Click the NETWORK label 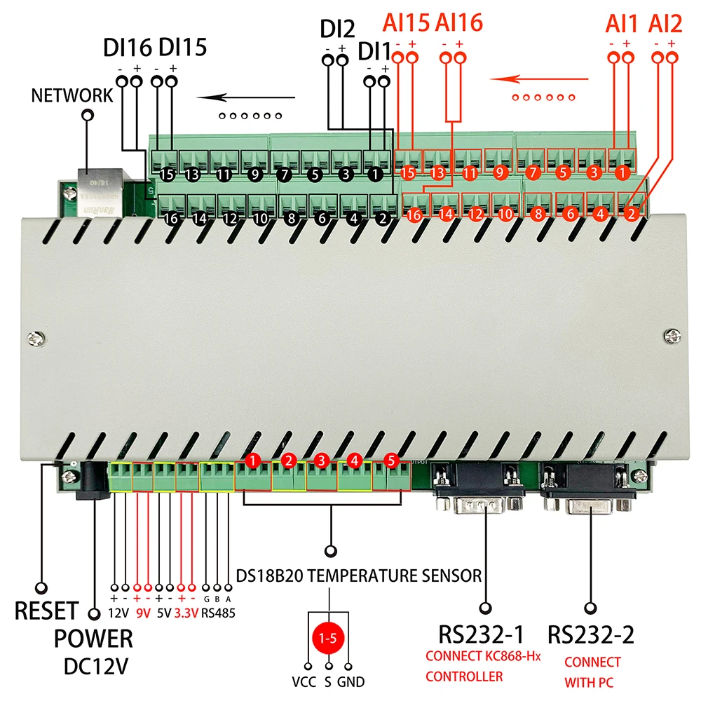[72, 95]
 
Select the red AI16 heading [459, 23]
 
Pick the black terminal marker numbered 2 [382, 217]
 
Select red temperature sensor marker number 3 [322, 461]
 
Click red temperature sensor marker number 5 [391, 461]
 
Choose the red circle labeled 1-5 [328, 639]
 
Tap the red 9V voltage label [143, 613]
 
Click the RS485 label [218, 613]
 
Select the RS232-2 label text [591, 635]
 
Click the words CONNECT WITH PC [592, 670]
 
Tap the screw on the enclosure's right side [672, 338]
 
